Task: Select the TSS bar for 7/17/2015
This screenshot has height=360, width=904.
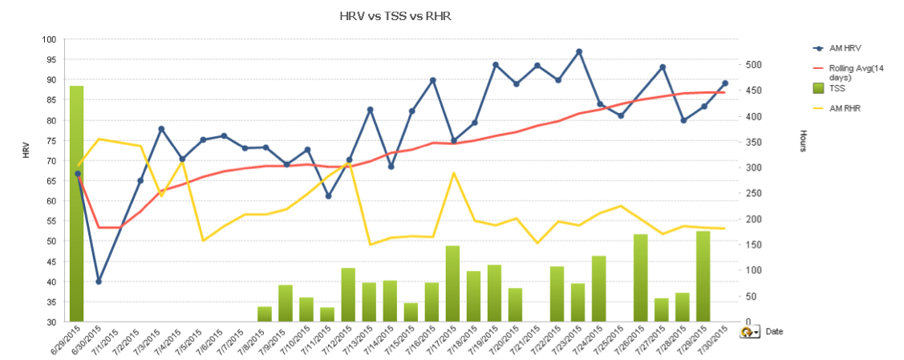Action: [x=452, y=284]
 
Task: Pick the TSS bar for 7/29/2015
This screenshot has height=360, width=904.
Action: [x=703, y=277]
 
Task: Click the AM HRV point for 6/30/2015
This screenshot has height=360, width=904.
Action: [x=99, y=281]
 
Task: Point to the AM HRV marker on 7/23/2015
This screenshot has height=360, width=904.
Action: [x=578, y=52]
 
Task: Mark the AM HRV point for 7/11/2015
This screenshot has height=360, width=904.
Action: [x=328, y=196]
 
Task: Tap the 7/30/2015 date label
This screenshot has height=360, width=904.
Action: [x=715, y=342]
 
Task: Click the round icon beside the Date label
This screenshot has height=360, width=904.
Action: [x=747, y=331]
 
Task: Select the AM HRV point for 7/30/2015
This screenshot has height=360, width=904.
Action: [x=724, y=83]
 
